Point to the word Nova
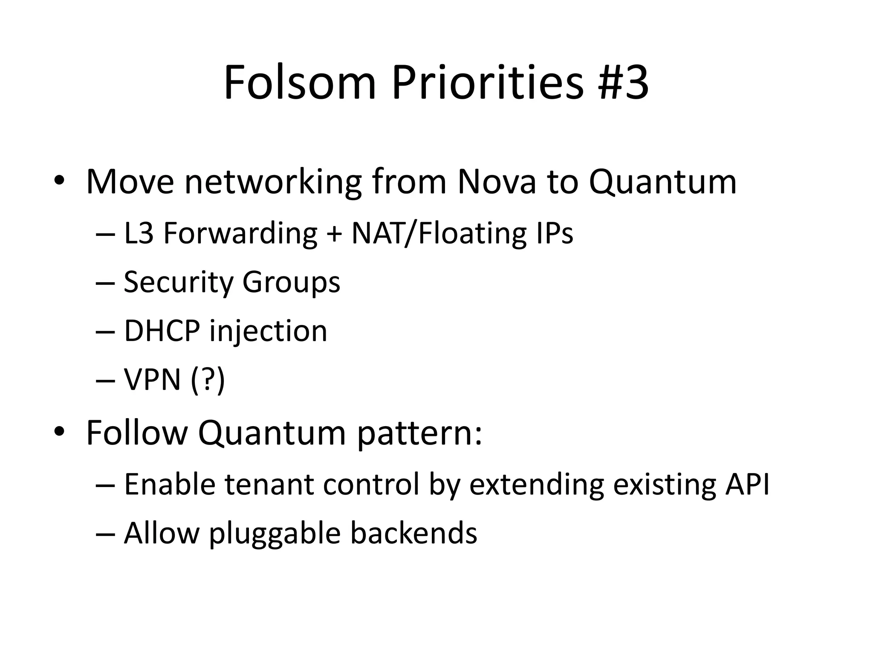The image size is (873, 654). pos(496,182)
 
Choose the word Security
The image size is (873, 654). pos(178,282)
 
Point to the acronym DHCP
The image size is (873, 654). pos(162,331)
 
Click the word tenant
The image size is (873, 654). pos(269,485)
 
